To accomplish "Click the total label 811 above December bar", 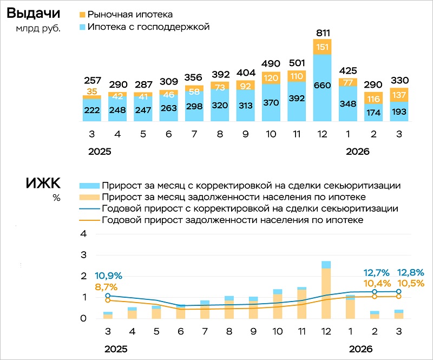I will click(x=322, y=33).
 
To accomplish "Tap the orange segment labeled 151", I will click(x=322, y=46).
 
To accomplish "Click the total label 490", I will click(x=271, y=64).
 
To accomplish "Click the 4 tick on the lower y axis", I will click(x=83, y=234).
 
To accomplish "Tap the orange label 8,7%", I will click(x=106, y=287).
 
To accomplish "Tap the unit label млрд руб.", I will click(x=38, y=29).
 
